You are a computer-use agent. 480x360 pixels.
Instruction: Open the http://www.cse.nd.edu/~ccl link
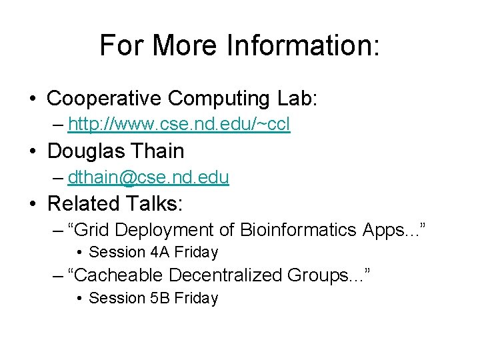[179, 125]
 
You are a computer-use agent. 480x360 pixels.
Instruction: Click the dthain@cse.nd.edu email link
[148, 177]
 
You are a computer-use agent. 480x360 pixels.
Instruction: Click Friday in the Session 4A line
[196, 252]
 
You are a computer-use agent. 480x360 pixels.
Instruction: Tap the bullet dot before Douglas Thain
[33, 151]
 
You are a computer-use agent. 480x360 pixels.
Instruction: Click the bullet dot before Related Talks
[33, 203]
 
